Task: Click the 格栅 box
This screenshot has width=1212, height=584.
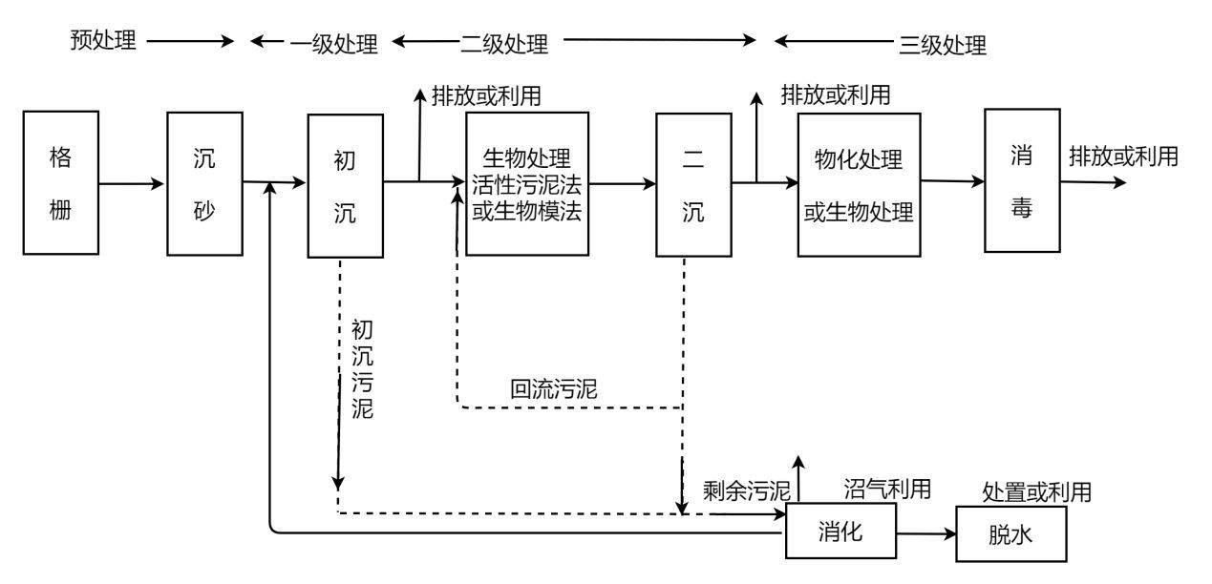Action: coord(60,183)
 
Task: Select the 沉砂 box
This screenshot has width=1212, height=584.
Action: coord(204,184)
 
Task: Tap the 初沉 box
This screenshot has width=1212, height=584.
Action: coord(345,185)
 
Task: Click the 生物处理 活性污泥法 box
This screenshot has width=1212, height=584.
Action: coord(527,184)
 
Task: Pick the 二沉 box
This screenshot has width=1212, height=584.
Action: coord(693,184)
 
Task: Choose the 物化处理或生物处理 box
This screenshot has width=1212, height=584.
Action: coord(859,184)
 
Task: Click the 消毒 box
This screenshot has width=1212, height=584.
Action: coord(1022,180)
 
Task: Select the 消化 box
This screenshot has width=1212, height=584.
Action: coord(840,531)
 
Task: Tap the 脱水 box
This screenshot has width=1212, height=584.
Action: coord(1011,534)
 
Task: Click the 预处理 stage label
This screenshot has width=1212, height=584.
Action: coord(103,40)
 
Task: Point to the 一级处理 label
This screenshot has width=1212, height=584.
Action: coord(334,44)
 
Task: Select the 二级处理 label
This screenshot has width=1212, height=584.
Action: coord(504,44)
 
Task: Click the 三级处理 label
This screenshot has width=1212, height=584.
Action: coord(943,45)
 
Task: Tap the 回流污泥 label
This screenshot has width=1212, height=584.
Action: coord(554,388)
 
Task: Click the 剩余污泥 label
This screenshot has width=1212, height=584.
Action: coord(747,491)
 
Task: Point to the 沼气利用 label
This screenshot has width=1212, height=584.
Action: coord(887,489)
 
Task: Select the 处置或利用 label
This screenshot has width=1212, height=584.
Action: coord(1036,492)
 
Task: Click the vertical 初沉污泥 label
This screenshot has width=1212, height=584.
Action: coord(362,369)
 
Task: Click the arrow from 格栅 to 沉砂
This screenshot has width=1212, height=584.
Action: coord(131,184)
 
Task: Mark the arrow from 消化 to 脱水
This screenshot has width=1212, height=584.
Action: coord(926,534)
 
